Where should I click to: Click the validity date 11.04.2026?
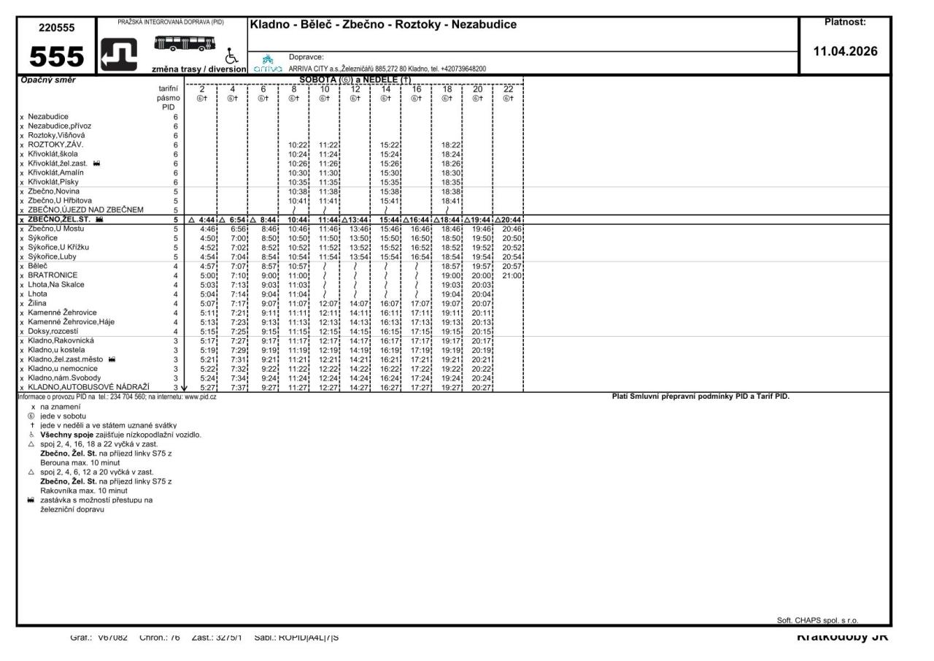(845, 52)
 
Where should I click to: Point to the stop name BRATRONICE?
(53, 275)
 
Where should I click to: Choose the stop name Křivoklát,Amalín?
(56, 172)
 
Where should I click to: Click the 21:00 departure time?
(511, 275)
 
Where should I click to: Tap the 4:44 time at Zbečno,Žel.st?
(205, 219)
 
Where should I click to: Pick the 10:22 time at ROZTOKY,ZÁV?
(296, 145)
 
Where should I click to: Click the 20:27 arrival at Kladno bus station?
(480, 387)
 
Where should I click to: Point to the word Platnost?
(845, 23)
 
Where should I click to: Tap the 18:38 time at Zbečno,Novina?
(449, 191)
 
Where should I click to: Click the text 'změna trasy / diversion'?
(198, 69)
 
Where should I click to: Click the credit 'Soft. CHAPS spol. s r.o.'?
(822, 620)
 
